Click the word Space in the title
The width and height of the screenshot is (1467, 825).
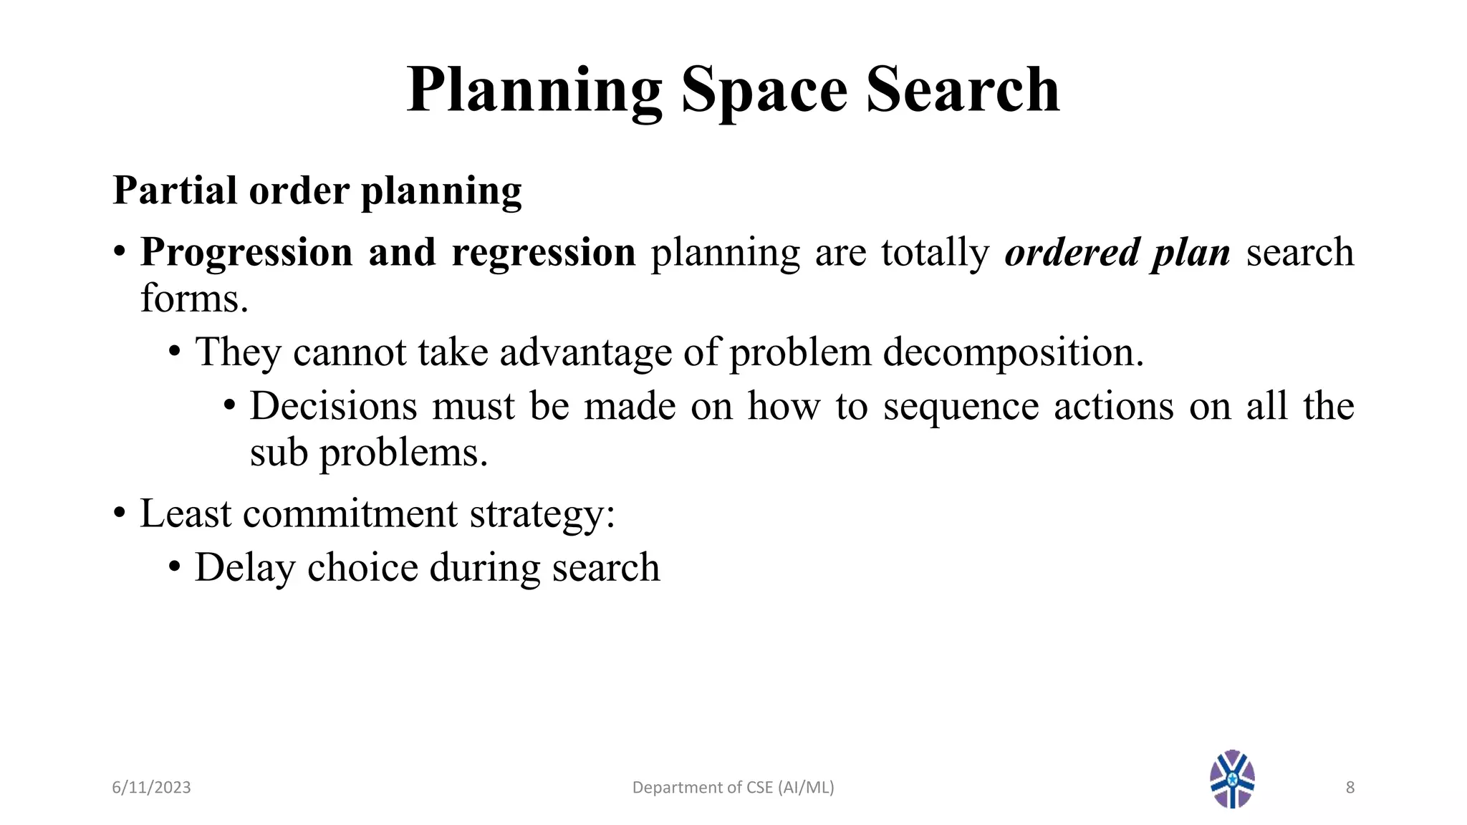(764, 90)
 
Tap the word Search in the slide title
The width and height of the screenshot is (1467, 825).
(962, 90)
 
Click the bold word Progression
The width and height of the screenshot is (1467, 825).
(246, 252)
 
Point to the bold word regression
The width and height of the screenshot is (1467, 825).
(544, 252)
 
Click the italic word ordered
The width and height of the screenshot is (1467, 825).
(1072, 252)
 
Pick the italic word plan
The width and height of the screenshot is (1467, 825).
(1191, 252)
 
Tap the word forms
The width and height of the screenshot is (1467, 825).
(194, 298)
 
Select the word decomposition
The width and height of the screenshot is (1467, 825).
(1013, 352)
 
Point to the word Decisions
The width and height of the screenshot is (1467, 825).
(333, 406)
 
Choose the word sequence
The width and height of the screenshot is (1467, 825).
(961, 406)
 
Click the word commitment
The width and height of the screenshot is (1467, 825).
(350, 513)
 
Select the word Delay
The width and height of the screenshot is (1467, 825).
(244, 568)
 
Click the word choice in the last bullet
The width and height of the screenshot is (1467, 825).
(362, 568)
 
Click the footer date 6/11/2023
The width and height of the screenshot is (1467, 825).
(151, 788)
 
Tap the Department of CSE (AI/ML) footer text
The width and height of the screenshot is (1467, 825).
(733, 788)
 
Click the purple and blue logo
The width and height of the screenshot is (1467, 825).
(1232, 779)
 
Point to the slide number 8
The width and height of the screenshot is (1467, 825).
(1350, 788)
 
